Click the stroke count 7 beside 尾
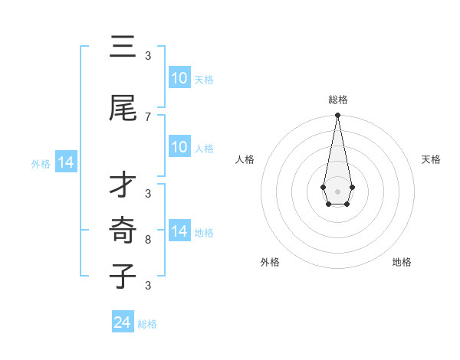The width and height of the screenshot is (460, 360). (x=148, y=116)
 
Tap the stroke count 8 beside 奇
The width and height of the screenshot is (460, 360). (x=148, y=240)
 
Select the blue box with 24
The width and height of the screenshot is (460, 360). (x=123, y=322)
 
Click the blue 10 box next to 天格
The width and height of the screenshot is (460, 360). (x=179, y=78)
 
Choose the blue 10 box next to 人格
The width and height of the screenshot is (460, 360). (x=179, y=147)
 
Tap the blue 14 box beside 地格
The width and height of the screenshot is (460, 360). (x=179, y=231)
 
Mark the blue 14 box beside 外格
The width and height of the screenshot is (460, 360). (x=65, y=162)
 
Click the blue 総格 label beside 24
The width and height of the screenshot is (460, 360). (x=147, y=324)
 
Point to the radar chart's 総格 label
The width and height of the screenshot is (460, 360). (x=337, y=100)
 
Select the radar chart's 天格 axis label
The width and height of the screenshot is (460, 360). (x=431, y=159)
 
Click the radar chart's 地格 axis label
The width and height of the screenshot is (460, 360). (x=402, y=262)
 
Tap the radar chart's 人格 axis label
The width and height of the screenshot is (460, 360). (x=245, y=159)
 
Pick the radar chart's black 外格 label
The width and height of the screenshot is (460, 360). (x=270, y=262)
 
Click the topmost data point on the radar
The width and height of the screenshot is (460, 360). (x=337, y=116)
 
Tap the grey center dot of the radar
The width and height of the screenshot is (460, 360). (x=337, y=190)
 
